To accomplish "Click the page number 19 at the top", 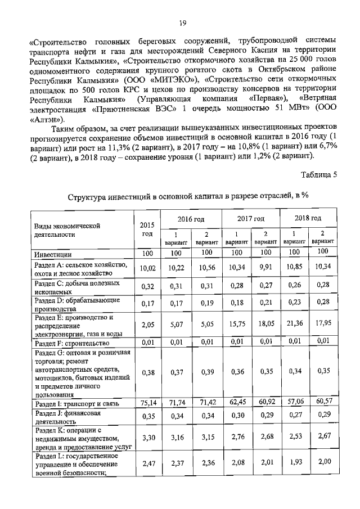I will click(x=182, y=22).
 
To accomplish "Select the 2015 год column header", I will click(x=147, y=229).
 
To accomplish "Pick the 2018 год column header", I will click(x=308, y=218).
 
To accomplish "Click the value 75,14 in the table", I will click(x=147, y=403).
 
